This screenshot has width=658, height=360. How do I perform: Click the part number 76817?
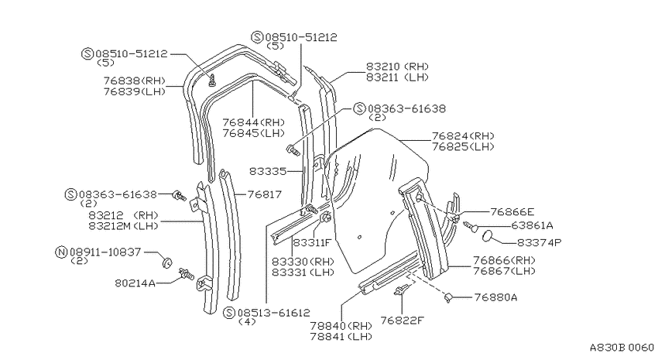tap(265, 194)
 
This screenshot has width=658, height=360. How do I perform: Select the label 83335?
tap(268, 171)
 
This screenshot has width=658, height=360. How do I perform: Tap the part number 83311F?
tap(312, 242)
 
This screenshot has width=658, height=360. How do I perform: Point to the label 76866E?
tap(512, 212)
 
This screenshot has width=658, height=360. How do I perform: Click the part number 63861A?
tap(532, 226)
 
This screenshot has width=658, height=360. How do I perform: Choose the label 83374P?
tap(540, 242)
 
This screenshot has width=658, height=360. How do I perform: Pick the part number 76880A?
tap(495, 297)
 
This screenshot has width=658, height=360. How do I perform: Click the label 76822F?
tap(402, 321)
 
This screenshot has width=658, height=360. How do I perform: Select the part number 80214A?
tap(135, 283)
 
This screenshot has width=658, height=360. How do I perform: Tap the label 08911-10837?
tap(105, 252)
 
